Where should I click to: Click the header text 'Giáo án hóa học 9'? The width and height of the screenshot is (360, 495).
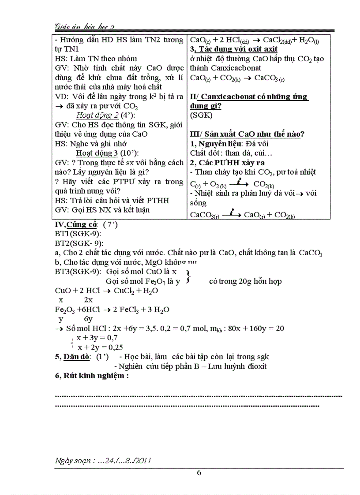tap(85, 26)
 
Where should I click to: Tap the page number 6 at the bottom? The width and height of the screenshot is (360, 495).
tap(199, 473)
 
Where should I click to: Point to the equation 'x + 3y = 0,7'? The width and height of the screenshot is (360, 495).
tap(97, 337)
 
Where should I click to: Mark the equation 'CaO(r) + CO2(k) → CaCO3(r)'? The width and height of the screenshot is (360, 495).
tap(237, 78)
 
